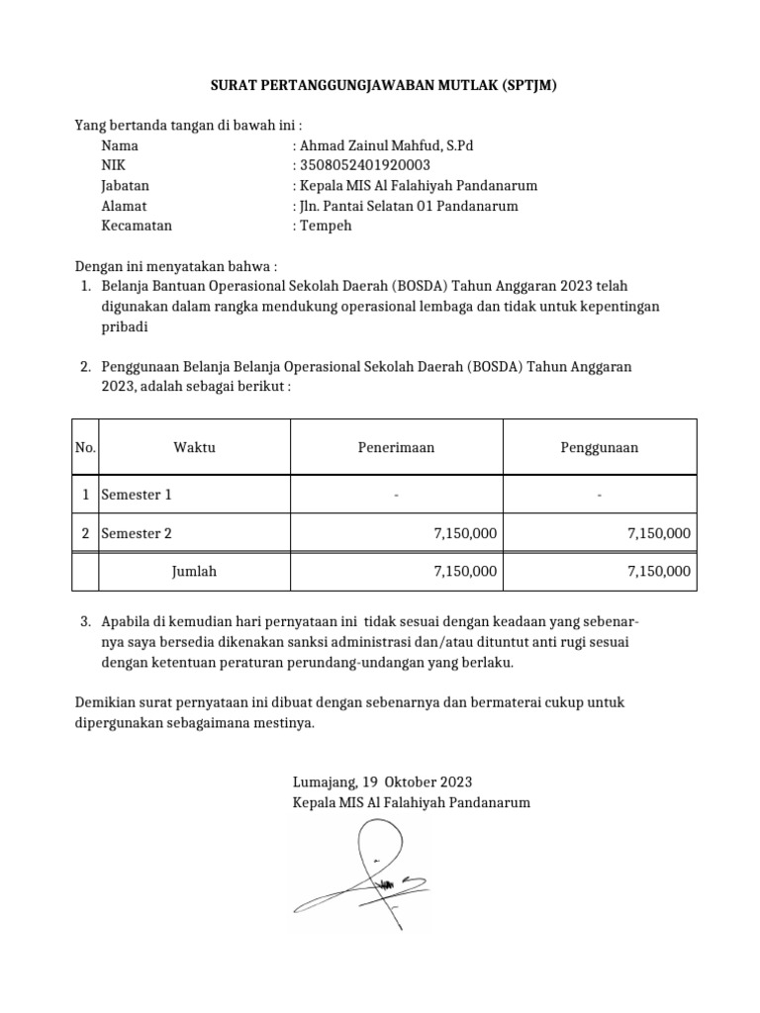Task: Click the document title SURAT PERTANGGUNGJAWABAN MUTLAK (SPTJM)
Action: [x=385, y=86]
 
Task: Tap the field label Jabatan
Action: [x=125, y=185]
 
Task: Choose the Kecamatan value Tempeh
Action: [x=326, y=226]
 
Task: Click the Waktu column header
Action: [x=194, y=447]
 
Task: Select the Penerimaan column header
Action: [x=396, y=447]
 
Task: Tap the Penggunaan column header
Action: [x=600, y=447]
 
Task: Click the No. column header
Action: [x=85, y=447]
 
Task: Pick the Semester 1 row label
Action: [x=137, y=494]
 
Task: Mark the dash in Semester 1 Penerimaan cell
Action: [x=396, y=494]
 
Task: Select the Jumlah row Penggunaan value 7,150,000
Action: [x=659, y=571]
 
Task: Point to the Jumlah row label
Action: [x=194, y=571]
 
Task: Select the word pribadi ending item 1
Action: [x=125, y=326]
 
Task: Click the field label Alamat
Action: [x=124, y=206]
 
